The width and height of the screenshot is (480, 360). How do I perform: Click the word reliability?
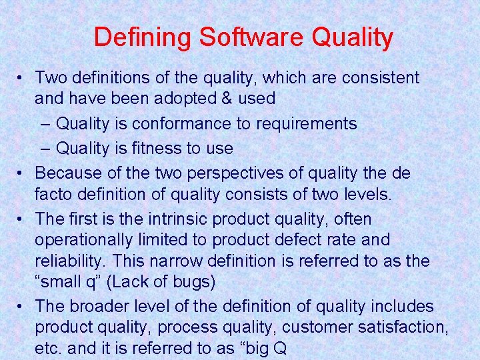click(66, 261)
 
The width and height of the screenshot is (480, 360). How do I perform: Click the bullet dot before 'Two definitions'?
click(22, 78)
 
